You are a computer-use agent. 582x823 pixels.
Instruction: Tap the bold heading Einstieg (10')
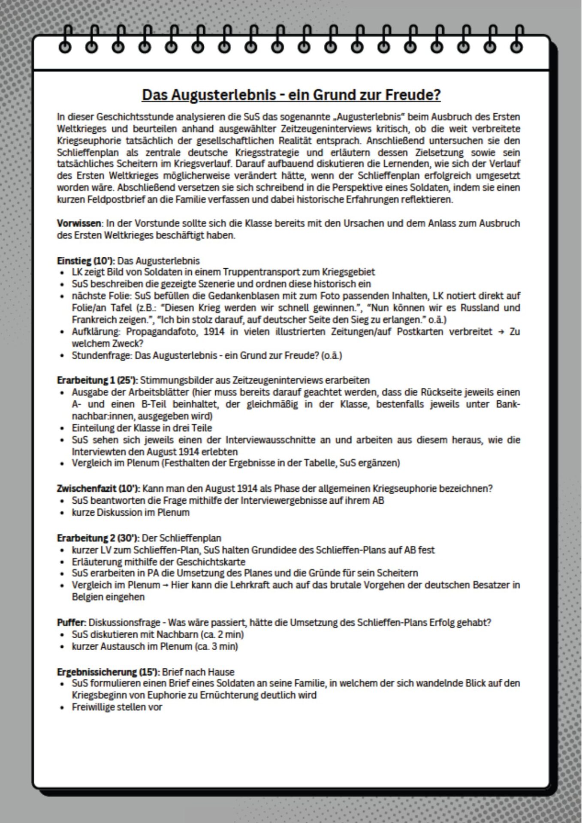click(86, 261)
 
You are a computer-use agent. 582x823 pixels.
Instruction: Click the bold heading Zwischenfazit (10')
click(98, 488)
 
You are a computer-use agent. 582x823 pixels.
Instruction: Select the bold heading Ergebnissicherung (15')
click(108, 672)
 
